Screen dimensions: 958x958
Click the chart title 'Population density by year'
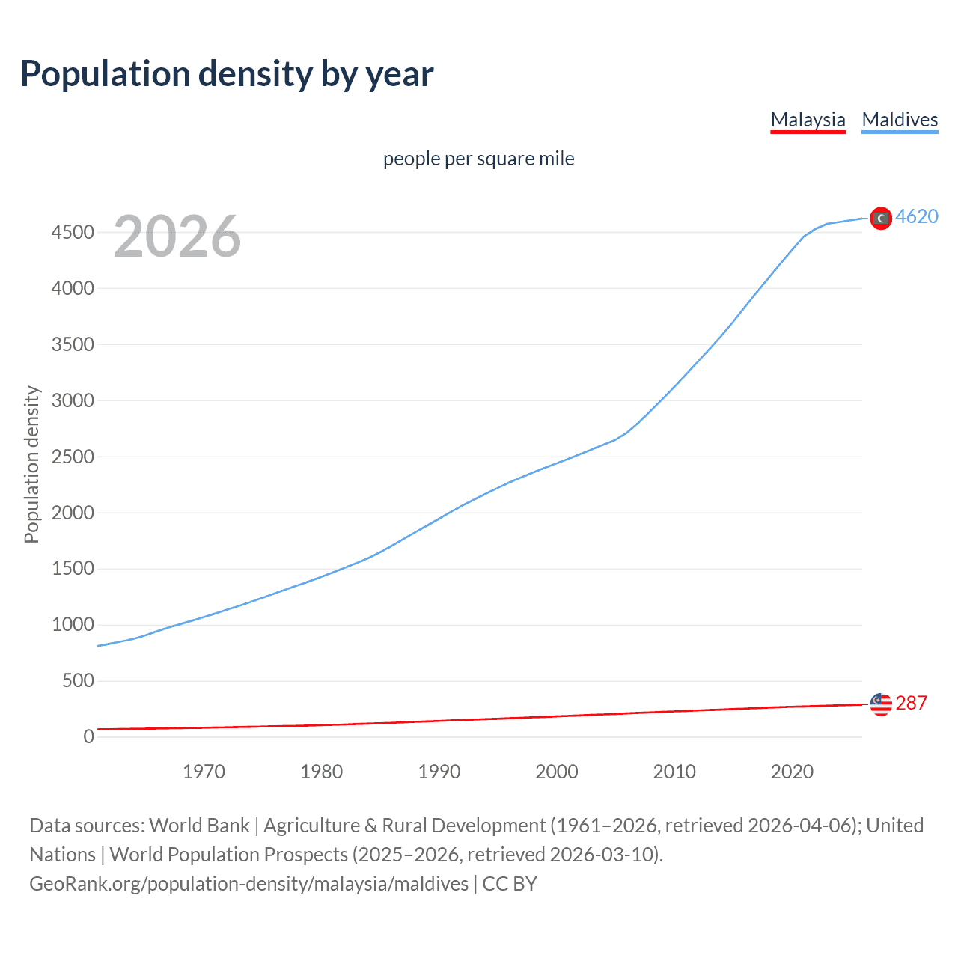(227, 74)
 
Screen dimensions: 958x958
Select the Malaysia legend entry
(808, 120)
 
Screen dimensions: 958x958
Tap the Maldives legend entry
(900, 120)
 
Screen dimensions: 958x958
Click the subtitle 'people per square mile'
(478, 159)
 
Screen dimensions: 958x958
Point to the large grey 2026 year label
(177, 237)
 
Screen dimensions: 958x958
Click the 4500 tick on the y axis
(73, 233)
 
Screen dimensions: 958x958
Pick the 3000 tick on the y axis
(73, 400)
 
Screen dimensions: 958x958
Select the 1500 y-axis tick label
(73, 569)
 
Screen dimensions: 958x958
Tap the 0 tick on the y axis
(88, 736)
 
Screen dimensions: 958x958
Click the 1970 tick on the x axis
(204, 772)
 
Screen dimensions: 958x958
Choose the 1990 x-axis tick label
(439, 772)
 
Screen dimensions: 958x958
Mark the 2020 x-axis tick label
(792, 772)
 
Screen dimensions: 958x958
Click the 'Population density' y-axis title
(31, 464)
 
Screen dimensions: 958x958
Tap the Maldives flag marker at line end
(881, 218)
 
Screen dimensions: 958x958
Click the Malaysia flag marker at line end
(881, 704)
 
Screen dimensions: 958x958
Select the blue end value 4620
(917, 216)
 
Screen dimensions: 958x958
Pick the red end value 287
(911, 703)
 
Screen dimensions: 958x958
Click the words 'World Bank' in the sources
(199, 826)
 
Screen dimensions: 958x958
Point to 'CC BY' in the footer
(510, 884)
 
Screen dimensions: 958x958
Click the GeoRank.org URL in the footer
(248, 884)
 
